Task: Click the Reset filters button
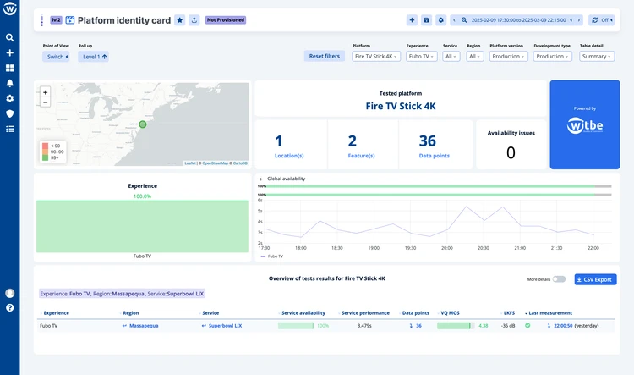(x=325, y=56)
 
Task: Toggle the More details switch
(x=560, y=279)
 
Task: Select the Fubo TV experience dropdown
(x=421, y=56)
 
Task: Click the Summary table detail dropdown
(x=597, y=56)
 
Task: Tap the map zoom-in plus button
(x=45, y=92)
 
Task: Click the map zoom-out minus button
(x=45, y=102)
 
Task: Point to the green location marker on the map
(x=143, y=124)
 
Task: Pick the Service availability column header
(x=303, y=312)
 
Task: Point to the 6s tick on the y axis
(x=260, y=200)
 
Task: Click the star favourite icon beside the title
(x=179, y=20)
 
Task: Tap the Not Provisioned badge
(x=225, y=20)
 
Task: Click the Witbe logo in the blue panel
(x=584, y=126)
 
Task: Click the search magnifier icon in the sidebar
(x=10, y=37)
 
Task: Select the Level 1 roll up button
(x=95, y=57)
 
